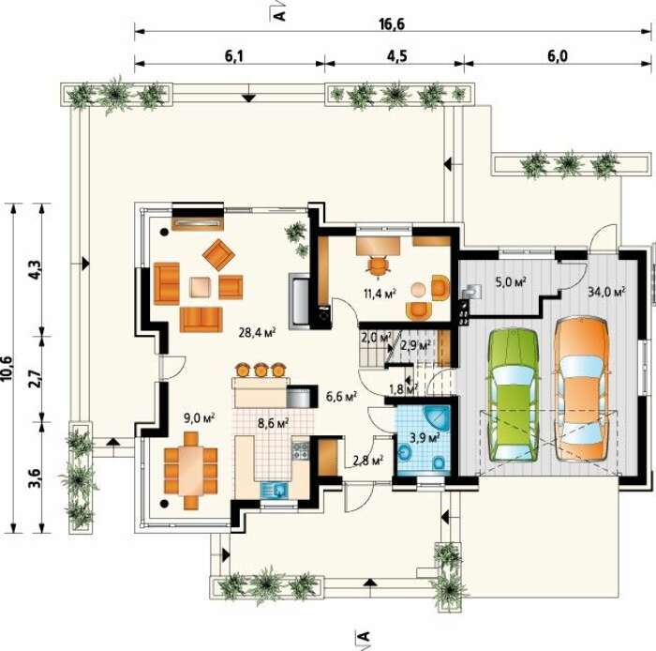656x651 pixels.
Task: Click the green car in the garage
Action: (513, 395)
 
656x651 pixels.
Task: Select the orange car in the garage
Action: (582, 389)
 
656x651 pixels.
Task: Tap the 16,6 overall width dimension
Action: (392, 24)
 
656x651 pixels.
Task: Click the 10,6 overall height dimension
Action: (8, 369)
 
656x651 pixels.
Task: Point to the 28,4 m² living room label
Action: (257, 332)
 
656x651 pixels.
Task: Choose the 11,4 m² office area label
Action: (380, 293)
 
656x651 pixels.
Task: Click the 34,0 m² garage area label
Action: (606, 292)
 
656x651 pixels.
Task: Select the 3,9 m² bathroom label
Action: (425, 438)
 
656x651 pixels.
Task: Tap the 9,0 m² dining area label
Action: (199, 417)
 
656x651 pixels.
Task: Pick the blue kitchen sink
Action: (275, 490)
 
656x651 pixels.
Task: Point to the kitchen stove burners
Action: (300, 450)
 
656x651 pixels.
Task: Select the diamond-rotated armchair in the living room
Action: (218, 254)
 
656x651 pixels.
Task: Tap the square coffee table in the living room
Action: (200, 287)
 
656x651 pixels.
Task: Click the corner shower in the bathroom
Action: (437, 419)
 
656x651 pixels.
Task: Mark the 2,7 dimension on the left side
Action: (36, 378)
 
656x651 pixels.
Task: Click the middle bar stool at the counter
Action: (261, 370)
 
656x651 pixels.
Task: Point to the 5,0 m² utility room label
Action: (511, 281)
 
